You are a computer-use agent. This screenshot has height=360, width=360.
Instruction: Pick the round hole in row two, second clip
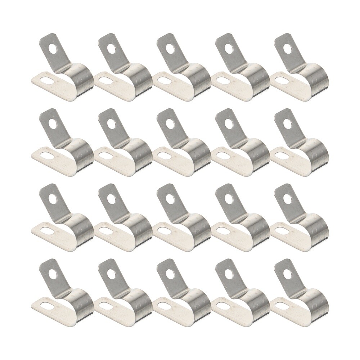pos(112,123)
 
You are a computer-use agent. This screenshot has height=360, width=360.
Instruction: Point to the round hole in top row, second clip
pos(112,48)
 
